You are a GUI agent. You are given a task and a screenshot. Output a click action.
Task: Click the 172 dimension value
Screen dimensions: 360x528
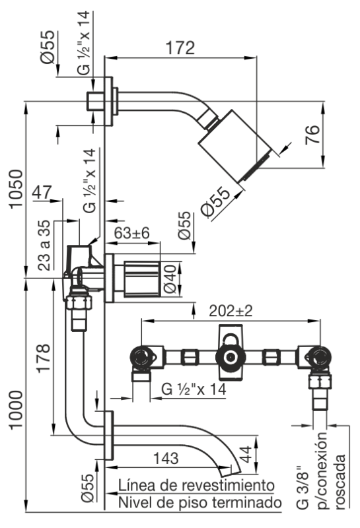click(x=180, y=48)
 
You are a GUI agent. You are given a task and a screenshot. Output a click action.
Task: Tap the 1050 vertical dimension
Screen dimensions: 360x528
click(x=17, y=189)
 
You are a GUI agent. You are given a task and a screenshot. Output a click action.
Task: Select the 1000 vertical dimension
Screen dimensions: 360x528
click(x=16, y=409)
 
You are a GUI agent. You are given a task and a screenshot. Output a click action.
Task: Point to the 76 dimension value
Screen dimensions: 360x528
click(x=312, y=135)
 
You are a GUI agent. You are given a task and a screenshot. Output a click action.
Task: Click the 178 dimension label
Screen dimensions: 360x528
click(x=44, y=358)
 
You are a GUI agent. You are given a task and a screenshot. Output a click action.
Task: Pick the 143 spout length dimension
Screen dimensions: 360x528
click(x=166, y=458)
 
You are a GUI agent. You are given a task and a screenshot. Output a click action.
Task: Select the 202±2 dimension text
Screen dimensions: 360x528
click(x=231, y=311)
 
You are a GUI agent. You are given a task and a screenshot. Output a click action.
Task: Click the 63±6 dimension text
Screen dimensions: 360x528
click(x=131, y=233)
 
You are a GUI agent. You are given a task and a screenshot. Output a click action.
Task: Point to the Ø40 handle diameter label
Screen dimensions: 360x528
click(x=170, y=279)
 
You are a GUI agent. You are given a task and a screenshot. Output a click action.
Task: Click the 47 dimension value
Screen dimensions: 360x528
click(x=42, y=192)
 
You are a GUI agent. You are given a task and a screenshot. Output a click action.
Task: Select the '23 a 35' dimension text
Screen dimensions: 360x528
click(x=44, y=246)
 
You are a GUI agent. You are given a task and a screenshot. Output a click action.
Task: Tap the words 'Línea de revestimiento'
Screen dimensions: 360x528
click(x=197, y=485)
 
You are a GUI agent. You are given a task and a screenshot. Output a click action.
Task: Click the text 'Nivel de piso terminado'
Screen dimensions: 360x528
click(x=200, y=503)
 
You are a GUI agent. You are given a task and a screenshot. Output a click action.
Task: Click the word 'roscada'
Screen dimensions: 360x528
click(x=340, y=481)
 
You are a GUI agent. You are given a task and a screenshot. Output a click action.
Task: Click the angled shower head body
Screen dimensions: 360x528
click(x=235, y=146)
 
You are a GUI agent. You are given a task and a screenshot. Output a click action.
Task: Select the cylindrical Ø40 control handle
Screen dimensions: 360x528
click(x=142, y=279)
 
